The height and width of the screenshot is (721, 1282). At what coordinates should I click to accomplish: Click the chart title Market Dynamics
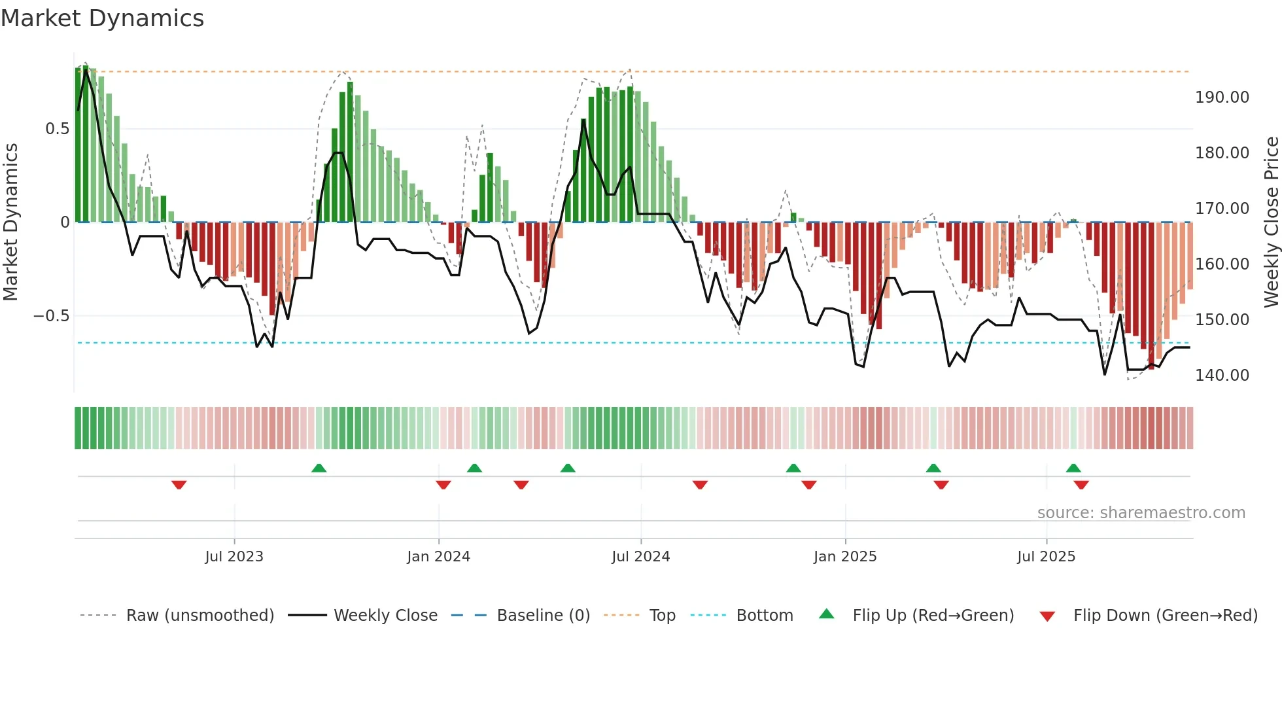tap(102, 18)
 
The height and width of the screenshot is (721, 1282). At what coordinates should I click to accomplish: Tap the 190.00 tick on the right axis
tap(1222, 97)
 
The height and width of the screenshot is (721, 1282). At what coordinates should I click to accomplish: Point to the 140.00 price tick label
tap(1222, 376)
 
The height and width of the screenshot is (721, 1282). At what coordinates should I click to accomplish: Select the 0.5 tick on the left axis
tap(57, 129)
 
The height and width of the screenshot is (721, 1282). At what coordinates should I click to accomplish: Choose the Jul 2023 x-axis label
tap(234, 557)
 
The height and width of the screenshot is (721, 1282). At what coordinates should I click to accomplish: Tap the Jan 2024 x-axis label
tap(438, 557)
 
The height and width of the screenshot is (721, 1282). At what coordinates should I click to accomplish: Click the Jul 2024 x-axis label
tap(640, 557)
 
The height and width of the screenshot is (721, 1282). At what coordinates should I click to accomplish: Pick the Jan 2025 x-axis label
tap(845, 557)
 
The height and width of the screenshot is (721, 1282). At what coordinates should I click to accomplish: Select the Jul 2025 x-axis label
tap(1046, 557)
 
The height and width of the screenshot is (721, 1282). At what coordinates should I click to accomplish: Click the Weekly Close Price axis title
tap(1271, 222)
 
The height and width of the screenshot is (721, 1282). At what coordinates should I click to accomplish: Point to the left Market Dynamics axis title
tap(10, 222)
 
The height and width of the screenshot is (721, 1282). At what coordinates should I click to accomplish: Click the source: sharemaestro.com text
tap(1141, 513)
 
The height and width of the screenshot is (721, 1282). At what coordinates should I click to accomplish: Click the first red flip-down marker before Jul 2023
tap(179, 485)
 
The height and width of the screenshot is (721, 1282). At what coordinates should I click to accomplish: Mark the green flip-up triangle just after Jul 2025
tap(1073, 468)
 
